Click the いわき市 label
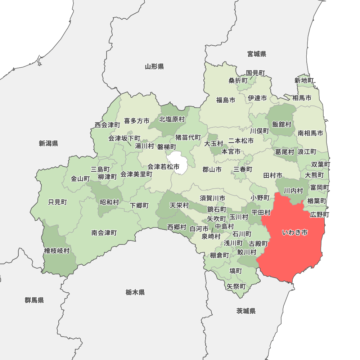[294, 233]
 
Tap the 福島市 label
[226, 100]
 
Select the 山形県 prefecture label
[154, 66]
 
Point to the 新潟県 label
[49, 144]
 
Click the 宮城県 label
[257, 54]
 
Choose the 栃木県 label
[135, 292]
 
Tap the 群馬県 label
[35, 300]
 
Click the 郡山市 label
[212, 169]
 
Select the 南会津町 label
[104, 233]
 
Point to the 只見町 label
[58, 202]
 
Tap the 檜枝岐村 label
[57, 251]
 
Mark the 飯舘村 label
[282, 124]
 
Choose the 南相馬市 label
[310, 133]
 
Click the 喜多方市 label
[136, 121]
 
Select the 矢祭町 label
[236, 287]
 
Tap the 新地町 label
[304, 80]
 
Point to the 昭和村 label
[109, 202]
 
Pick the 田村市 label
[273, 175]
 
